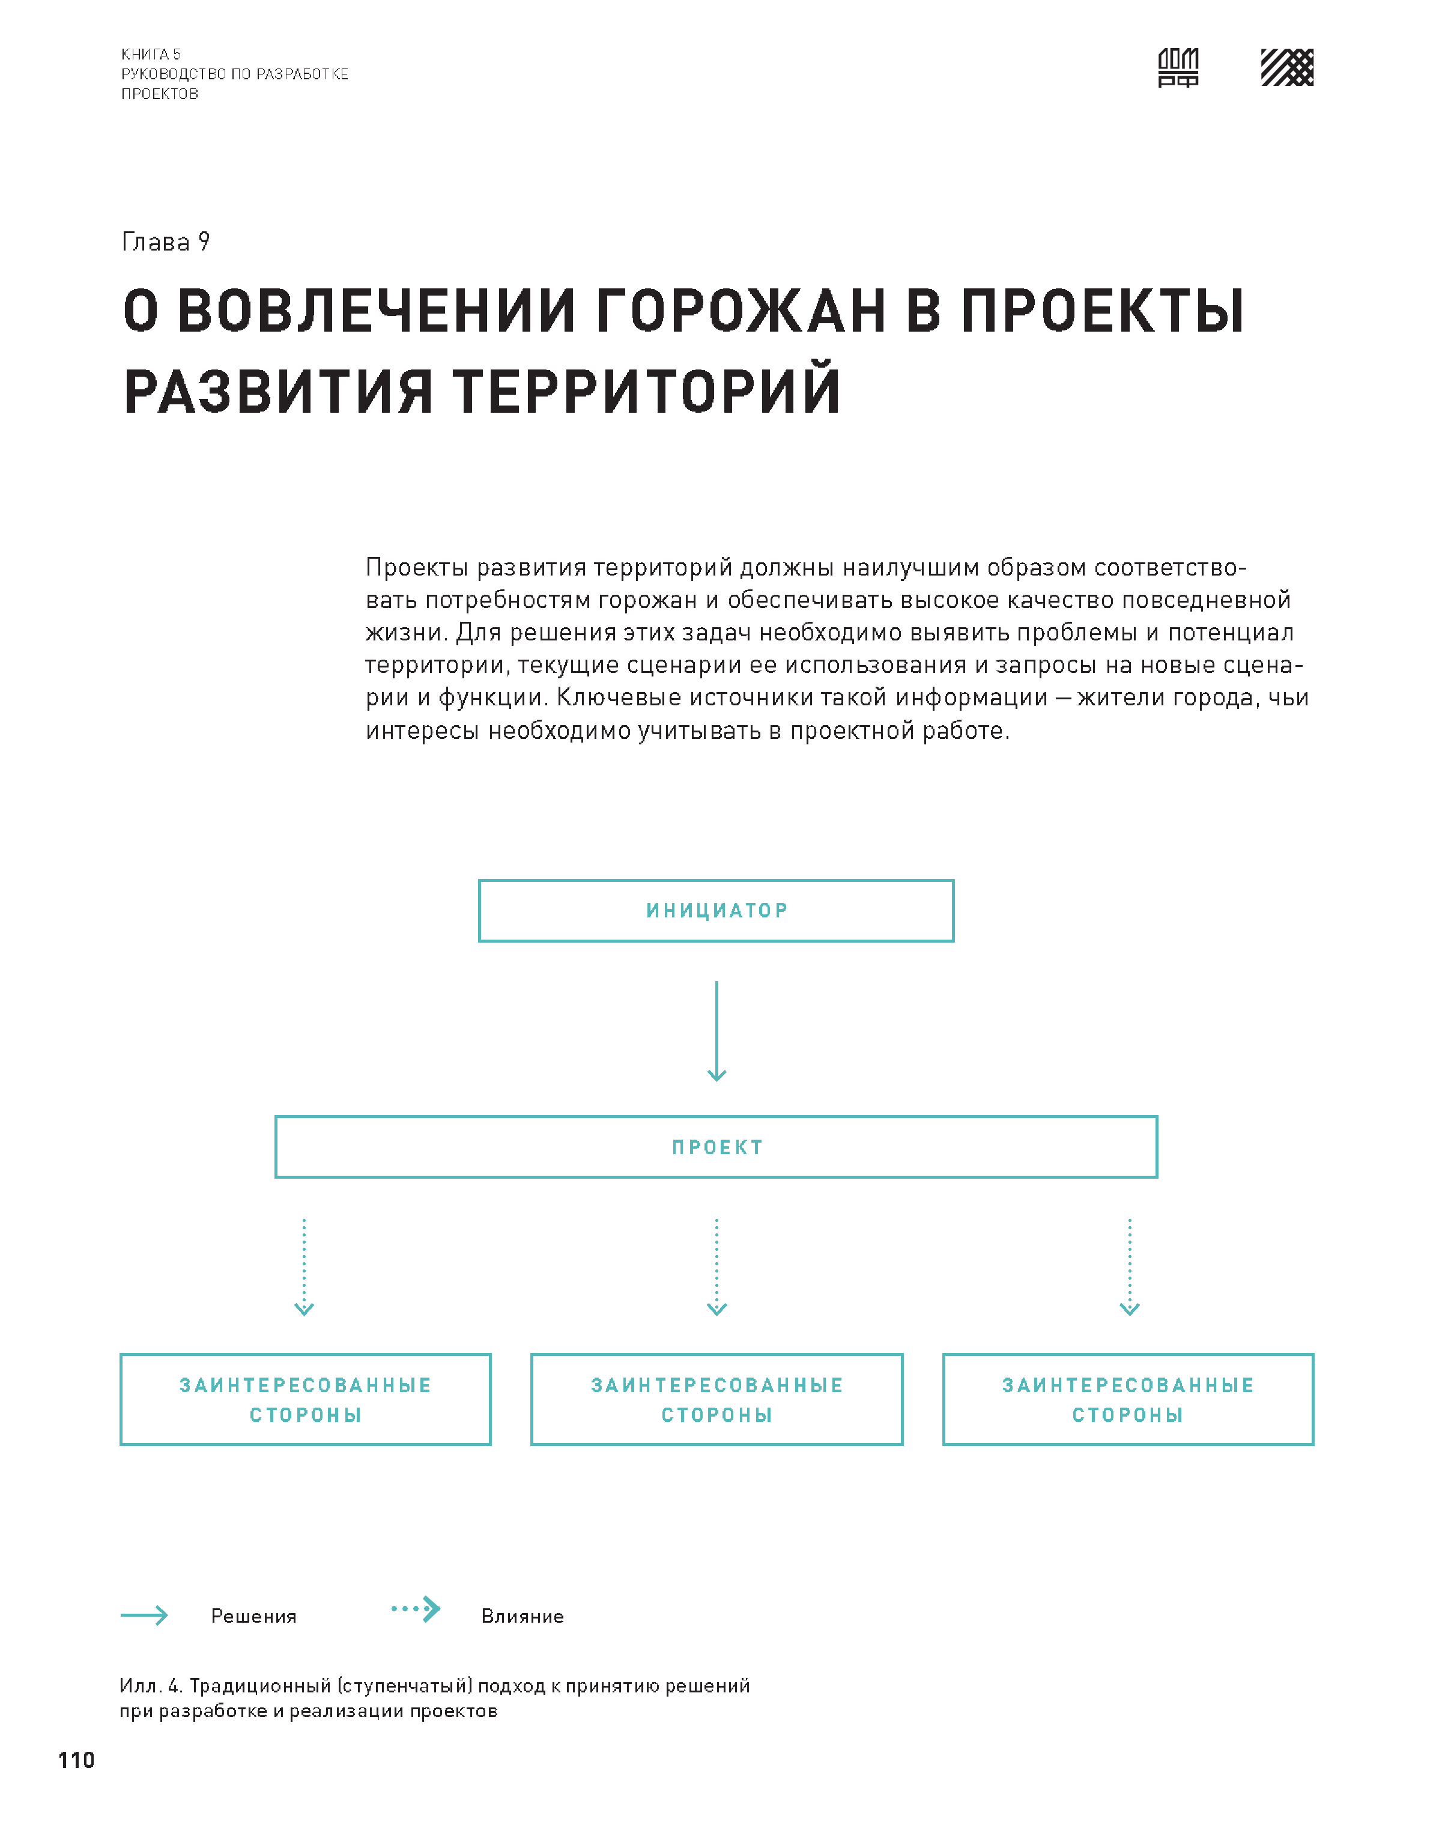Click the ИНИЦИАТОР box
(716, 910)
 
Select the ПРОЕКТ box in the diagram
(716, 1147)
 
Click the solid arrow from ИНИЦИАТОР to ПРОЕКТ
(716, 1030)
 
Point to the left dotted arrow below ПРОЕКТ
(304, 1267)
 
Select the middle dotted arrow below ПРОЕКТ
(716, 1267)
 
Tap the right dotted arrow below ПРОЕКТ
(1130, 1267)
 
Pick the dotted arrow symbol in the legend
(416, 1608)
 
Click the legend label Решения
(253, 1616)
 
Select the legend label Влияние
(522, 1616)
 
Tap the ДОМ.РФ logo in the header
(1178, 67)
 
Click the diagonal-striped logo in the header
(1286, 67)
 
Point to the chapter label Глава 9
(166, 242)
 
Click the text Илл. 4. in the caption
(151, 1686)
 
